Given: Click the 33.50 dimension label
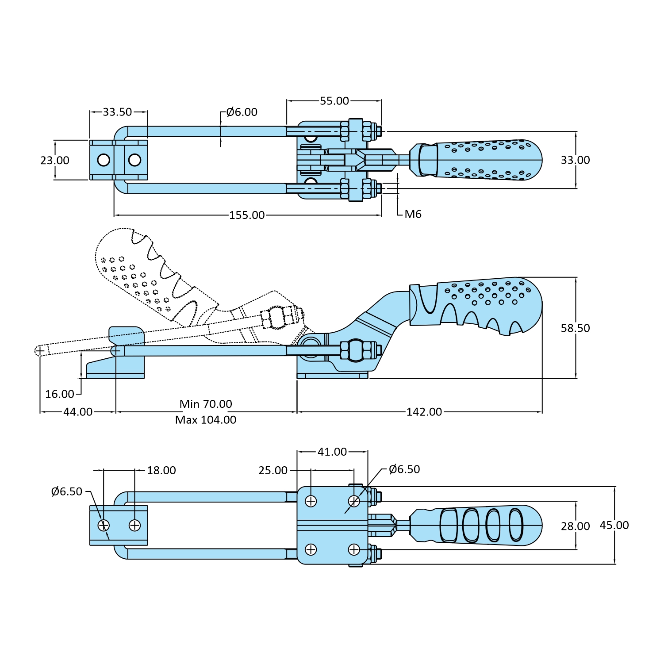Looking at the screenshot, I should pyautogui.click(x=117, y=112).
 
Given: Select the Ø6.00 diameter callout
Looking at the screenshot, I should pyautogui.click(x=242, y=112).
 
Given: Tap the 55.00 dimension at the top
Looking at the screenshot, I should pyautogui.click(x=334, y=101).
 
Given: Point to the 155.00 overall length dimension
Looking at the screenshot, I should pyautogui.click(x=247, y=215).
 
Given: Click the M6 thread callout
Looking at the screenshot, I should pyautogui.click(x=413, y=214).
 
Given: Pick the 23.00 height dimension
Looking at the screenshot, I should pyautogui.click(x=55, y=160).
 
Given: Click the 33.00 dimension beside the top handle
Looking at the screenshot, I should pyautogui.click(x=575, y=160).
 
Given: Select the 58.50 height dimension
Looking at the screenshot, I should pyautogui.click(x=575, y=328).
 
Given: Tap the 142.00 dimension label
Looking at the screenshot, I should pyautogui.click(x=424, y=412).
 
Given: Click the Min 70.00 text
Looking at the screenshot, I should pyautogui.click(x=206, y=404).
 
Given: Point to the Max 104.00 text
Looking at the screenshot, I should pyautogui.click(x=206, y=420).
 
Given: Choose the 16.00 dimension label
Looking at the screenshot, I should pyautogui.click(x=60, y=394).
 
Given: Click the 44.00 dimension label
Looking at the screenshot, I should pyautogui.click(x=78, y=412).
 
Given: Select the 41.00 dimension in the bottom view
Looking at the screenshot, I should pyautogui.click(x=332, y=452).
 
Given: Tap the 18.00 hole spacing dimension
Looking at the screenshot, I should pyautogui.click(x=161, y=470).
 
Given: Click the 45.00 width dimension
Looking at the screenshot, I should pyautogui.click(x=614, y=525).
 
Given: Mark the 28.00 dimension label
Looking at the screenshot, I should pyautogui.click(x=575, y=526).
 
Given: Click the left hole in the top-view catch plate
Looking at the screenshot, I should pyautogui.click(x=104, y=160).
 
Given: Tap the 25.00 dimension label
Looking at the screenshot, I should pyautogui.click(x=273, y=470).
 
